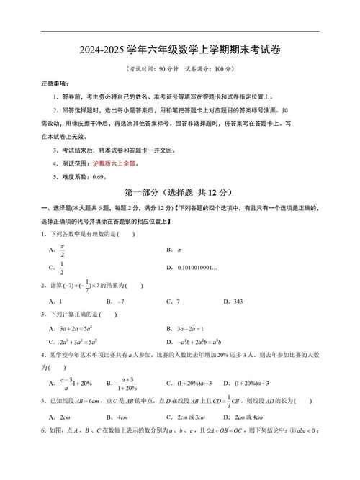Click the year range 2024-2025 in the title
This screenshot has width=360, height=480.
101,50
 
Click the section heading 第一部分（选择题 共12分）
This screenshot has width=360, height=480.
179,192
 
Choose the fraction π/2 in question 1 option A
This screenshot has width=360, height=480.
63,250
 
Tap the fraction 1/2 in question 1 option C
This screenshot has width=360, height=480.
63,268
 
